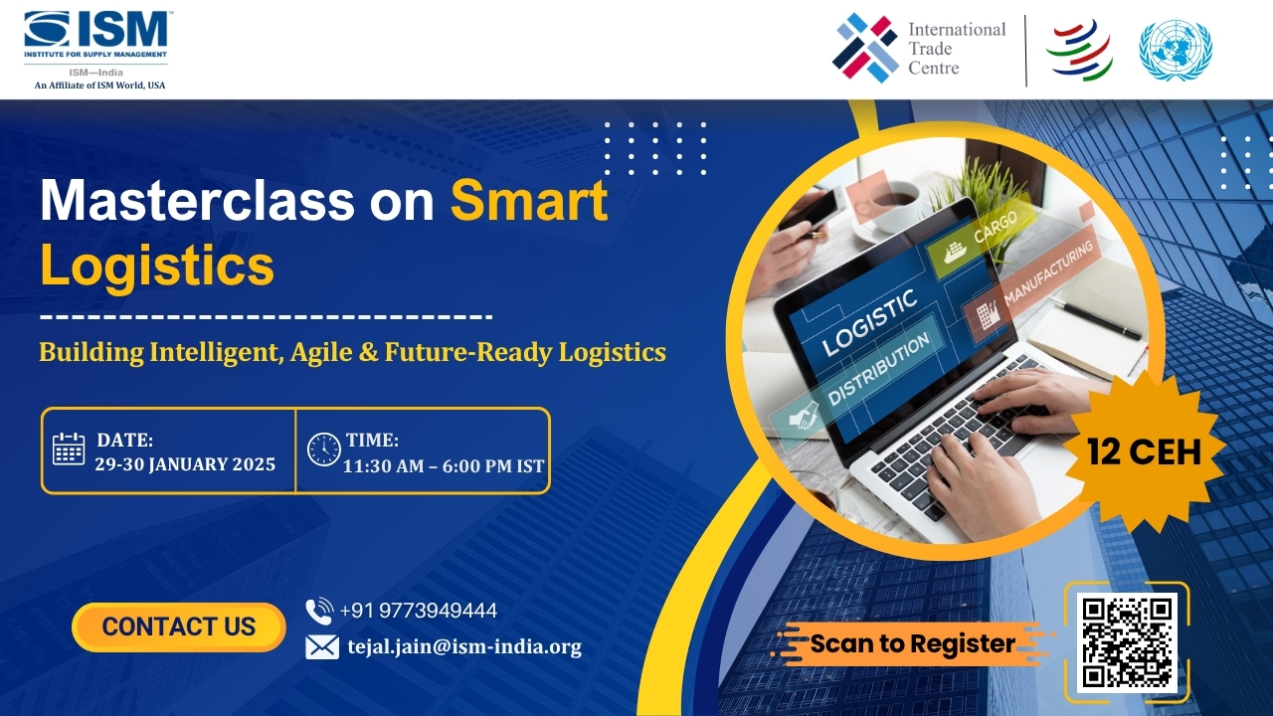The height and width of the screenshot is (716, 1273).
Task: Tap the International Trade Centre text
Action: point(956,48)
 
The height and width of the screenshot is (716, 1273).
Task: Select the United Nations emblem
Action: point(1175,50)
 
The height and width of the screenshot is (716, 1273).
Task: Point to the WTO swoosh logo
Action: point(1078,50)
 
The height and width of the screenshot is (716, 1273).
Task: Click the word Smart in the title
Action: point(528,201)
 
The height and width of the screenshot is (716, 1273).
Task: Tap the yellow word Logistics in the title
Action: point(156,266)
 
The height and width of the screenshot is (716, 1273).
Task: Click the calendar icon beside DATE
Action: point(69,449)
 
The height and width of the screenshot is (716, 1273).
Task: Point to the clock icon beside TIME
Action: point(324,449)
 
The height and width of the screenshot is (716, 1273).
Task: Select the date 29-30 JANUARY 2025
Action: point(185,464)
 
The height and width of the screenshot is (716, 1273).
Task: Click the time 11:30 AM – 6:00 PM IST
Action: point(443,465)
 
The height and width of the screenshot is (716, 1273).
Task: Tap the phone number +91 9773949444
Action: point(418,611)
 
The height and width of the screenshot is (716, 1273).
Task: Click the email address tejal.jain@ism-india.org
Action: point(463,646)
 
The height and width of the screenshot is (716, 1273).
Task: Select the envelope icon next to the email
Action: point(322,647)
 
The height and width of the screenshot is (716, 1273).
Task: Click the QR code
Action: point(1127,642)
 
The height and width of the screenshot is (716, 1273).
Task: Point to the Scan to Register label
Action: point(912,643)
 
